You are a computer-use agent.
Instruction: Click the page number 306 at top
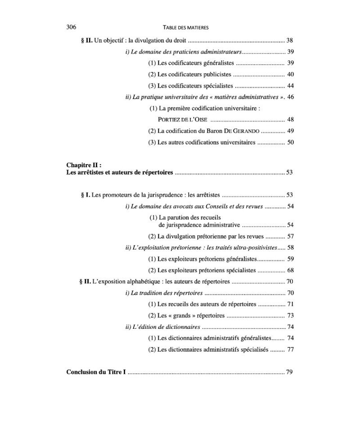[72, 27]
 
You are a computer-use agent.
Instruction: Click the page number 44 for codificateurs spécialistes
[290, 85]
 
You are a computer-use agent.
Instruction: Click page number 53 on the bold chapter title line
[290, 172]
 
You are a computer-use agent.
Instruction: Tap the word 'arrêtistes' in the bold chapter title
[96, 172]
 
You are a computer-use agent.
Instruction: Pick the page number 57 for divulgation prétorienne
[290, 236]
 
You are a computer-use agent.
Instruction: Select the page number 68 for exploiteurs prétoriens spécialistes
[290, 270]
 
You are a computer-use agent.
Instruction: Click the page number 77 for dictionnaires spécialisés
[290, 349]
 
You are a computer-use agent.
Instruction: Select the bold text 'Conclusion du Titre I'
[96, 372]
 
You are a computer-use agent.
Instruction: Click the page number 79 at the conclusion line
[290, 372]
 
